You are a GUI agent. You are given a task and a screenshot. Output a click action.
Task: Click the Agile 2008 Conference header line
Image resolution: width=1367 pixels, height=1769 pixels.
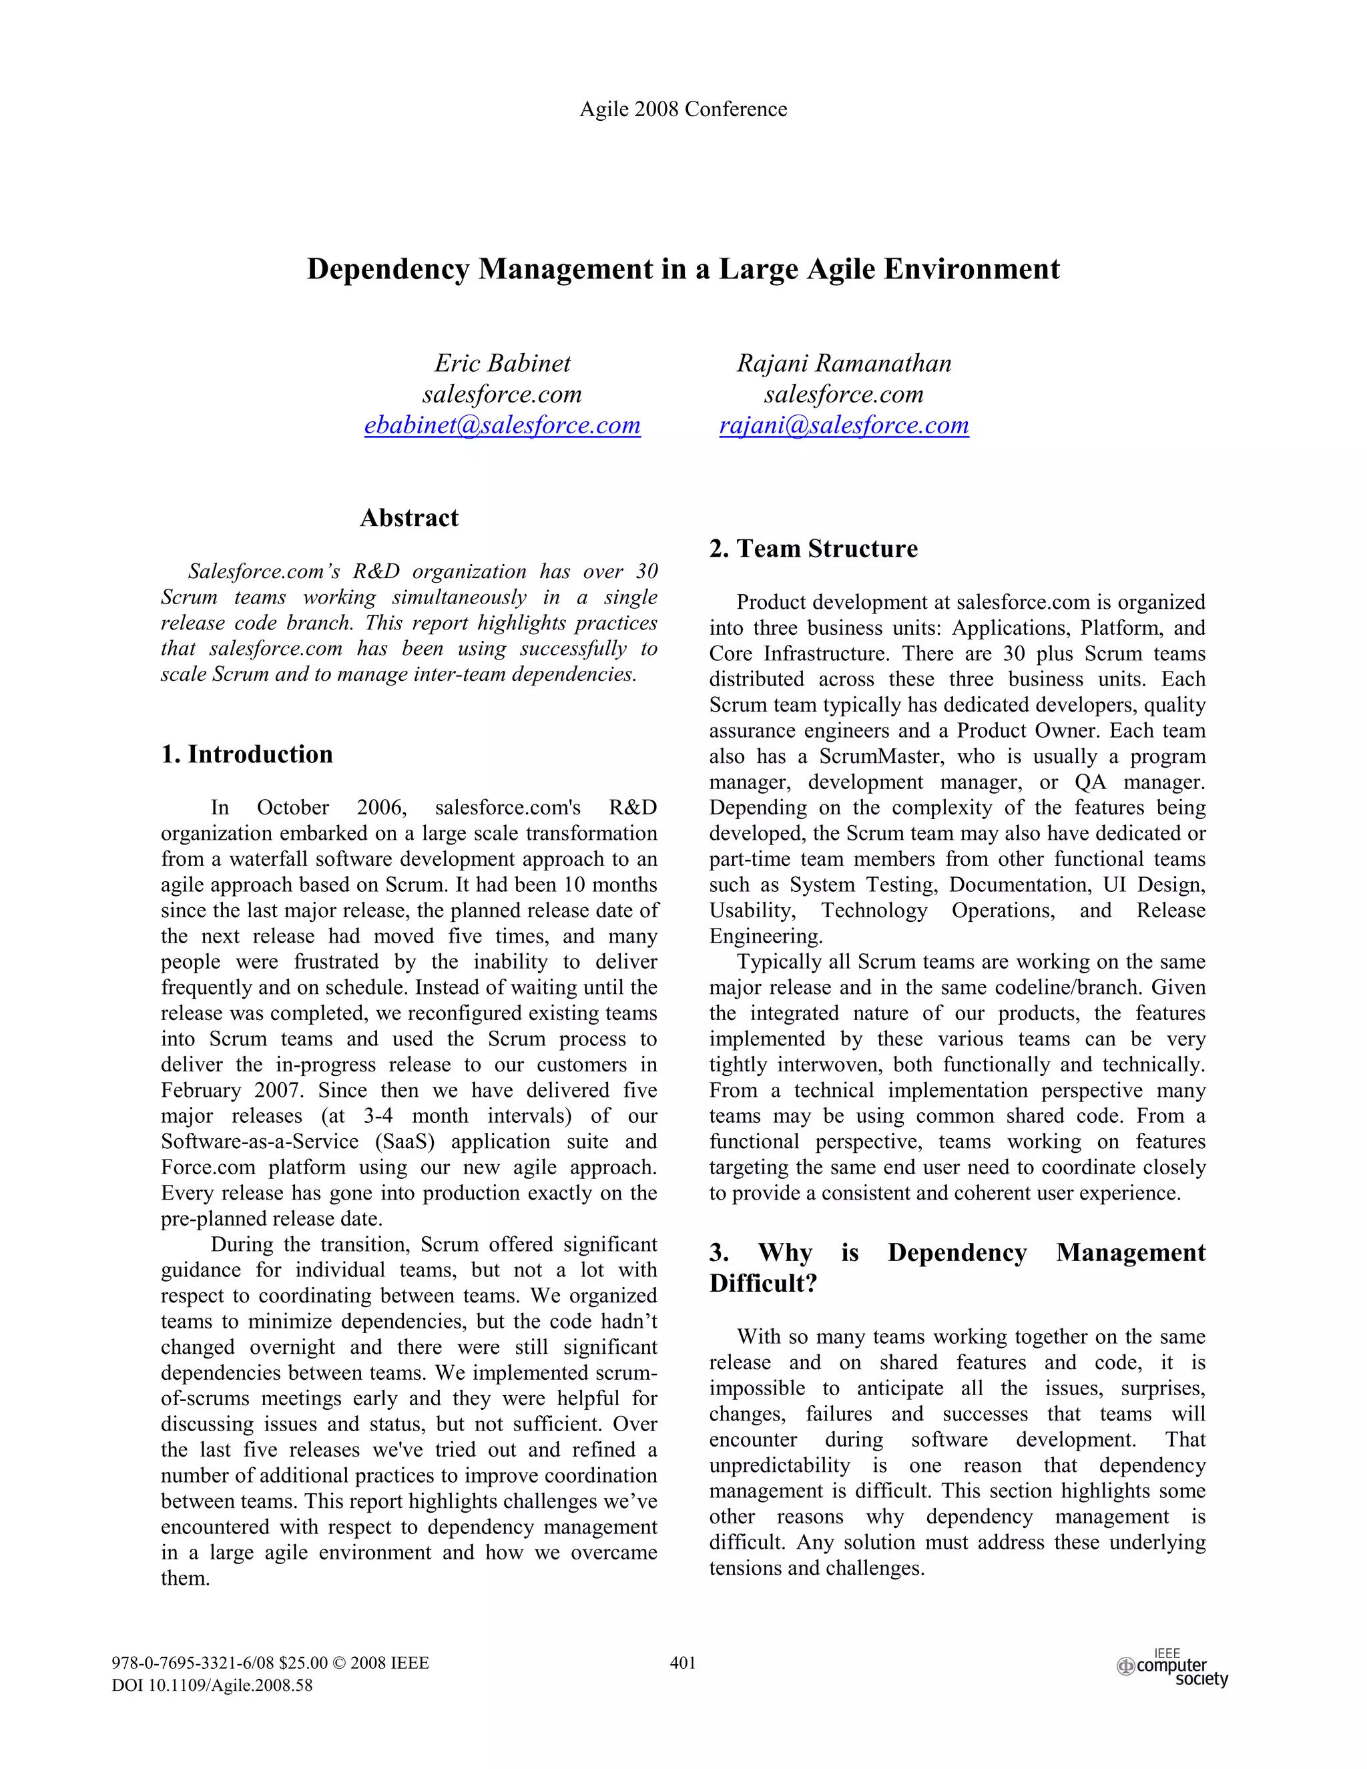683,109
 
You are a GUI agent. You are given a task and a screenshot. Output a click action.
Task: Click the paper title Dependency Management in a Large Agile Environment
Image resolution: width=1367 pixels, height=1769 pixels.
683,269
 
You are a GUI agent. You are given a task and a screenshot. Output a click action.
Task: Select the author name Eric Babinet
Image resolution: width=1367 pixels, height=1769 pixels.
502,363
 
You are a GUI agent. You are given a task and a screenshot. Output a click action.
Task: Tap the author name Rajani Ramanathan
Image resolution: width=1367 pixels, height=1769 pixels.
844,363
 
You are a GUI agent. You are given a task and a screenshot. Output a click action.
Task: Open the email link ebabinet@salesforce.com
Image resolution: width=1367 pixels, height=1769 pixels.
502,425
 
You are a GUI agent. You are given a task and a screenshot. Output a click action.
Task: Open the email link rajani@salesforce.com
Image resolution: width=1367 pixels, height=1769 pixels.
844,425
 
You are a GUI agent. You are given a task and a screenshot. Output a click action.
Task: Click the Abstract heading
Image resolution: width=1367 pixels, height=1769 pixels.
409,517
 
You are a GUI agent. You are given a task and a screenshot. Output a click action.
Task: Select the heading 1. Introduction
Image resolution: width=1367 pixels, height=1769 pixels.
247,754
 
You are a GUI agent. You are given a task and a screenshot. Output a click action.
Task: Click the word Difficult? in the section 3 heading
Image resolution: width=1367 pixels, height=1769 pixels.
763,1284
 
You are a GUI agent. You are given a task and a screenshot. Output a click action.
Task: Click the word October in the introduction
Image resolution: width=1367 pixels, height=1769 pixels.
292,808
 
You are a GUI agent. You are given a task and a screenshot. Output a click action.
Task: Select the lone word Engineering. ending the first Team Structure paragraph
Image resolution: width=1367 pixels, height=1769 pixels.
766,937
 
